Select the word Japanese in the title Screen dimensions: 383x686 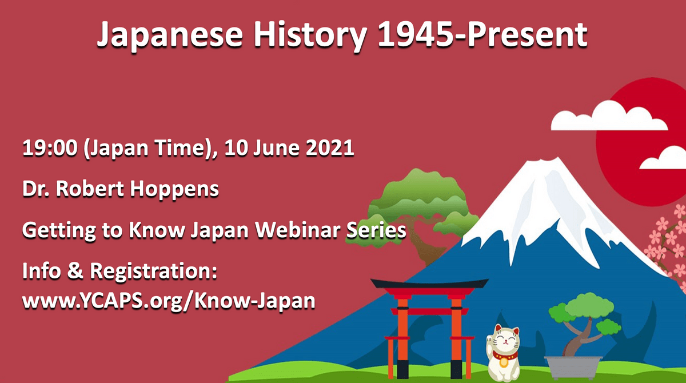tap(166, 35)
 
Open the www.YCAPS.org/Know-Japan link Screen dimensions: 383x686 tap(169, 300)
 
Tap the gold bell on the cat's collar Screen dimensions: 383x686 tap(503, 361)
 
